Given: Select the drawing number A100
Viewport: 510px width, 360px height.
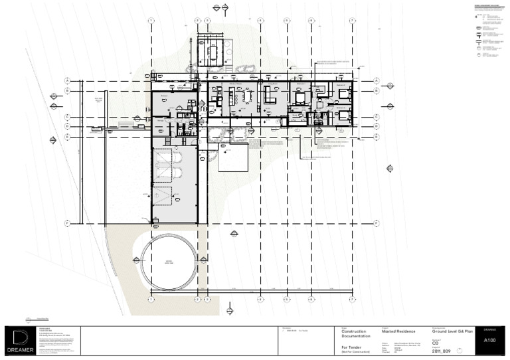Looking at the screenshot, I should pyautogui.click(x=490, y=340).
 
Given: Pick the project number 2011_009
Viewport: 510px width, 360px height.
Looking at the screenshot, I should pyautogui.click(x=442, y=351).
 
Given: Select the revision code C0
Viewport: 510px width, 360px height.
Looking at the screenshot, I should pyautogui.click(x=435, y=343).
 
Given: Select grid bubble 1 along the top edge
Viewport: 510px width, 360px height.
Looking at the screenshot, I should pyautogui.click(x=151, y=21).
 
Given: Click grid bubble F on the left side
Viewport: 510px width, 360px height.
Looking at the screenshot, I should pyautogui.click(x=67, y=224).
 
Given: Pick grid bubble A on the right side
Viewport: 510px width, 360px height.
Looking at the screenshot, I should pyautogui.click(x=376, y=80).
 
